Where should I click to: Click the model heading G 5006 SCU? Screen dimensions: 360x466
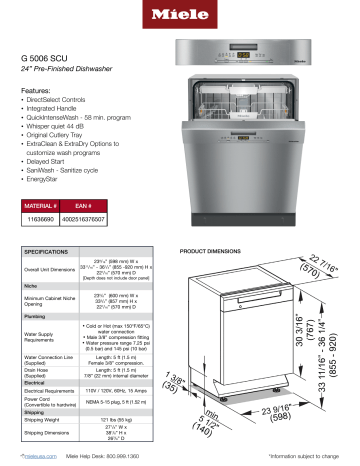(53, 59)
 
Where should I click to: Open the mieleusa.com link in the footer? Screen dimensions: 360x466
(40, 455)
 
